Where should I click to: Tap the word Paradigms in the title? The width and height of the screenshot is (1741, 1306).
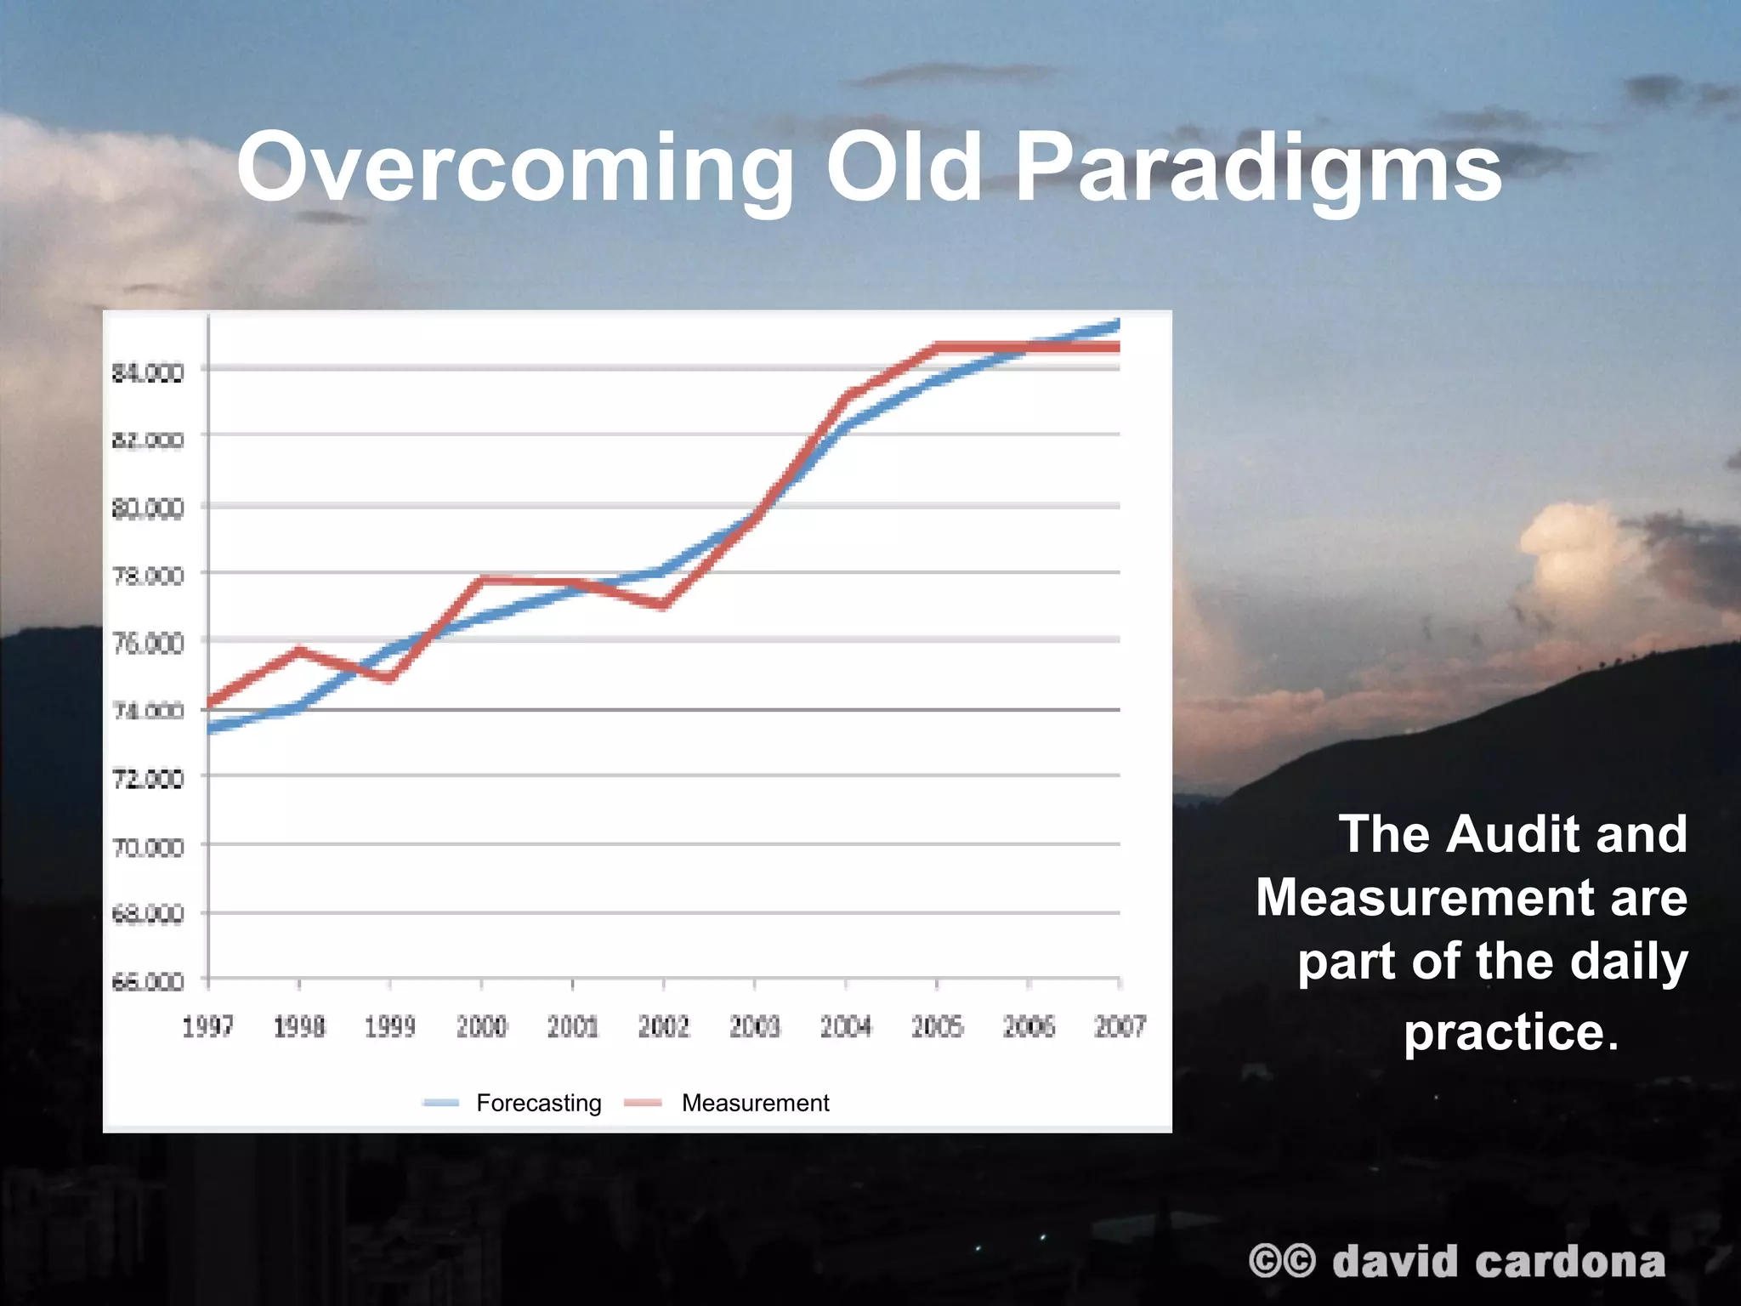1258,168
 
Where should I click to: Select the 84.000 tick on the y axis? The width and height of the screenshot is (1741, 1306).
148,372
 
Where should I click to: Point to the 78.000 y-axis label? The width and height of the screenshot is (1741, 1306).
148,576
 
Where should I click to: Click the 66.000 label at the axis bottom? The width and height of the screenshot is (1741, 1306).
148,982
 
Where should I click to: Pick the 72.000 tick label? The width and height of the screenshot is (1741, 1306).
148,778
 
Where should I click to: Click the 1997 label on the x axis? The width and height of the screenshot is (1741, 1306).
207,1027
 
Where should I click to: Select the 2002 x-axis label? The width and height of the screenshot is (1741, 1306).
663,1027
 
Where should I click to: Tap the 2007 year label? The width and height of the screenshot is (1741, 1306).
1120,1027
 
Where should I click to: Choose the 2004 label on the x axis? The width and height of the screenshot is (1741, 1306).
846,1027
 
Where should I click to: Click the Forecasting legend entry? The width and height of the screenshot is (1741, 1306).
538,1103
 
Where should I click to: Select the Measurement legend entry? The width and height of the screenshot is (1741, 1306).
755,1103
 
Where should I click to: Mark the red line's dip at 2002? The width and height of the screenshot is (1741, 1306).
663,605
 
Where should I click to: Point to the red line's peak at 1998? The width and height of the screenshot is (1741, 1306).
299,650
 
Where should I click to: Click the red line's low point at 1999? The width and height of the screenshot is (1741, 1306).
389,679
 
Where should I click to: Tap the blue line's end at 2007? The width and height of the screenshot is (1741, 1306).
1116,324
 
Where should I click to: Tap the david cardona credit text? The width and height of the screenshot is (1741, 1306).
1498,1261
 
